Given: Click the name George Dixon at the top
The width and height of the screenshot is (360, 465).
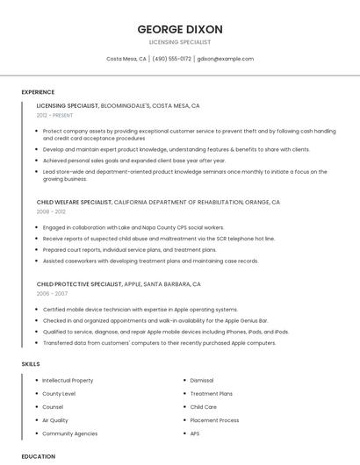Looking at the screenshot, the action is [180, 29].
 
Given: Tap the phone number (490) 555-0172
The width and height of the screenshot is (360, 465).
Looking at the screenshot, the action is [171, 59].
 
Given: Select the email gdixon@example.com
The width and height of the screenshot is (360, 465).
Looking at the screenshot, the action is [226, 59].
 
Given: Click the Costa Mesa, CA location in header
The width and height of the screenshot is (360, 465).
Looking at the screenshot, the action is [126, 59].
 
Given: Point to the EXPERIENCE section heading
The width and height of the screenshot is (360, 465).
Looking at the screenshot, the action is [38, 92].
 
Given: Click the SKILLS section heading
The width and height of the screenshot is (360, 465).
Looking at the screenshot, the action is [31, 363].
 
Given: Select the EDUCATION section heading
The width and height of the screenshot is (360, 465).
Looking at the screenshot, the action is [38, 456].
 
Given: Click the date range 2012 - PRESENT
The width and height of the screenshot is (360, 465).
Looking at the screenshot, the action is [55, 115].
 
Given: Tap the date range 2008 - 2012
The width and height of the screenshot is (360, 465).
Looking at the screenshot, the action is [51, 211].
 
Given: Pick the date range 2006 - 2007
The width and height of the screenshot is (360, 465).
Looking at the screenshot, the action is [51, 294].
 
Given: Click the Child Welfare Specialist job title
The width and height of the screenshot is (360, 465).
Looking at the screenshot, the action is [75, 202].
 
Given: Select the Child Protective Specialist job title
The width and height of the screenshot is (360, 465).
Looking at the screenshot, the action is [78, 284].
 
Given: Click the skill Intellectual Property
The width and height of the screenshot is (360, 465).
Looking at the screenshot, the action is [68, 381].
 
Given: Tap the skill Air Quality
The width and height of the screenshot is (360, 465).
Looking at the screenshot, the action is [55, 420].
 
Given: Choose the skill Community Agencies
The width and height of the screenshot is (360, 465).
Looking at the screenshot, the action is [70, 433].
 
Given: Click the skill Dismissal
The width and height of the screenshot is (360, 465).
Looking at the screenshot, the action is [202, 381].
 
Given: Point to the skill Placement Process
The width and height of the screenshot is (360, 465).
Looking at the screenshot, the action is [214, 420].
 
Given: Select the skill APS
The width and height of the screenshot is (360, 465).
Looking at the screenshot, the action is [195, 433].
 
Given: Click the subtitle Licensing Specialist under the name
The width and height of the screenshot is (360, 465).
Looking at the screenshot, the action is [180, 41].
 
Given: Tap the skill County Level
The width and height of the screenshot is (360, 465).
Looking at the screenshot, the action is [59, 394].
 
